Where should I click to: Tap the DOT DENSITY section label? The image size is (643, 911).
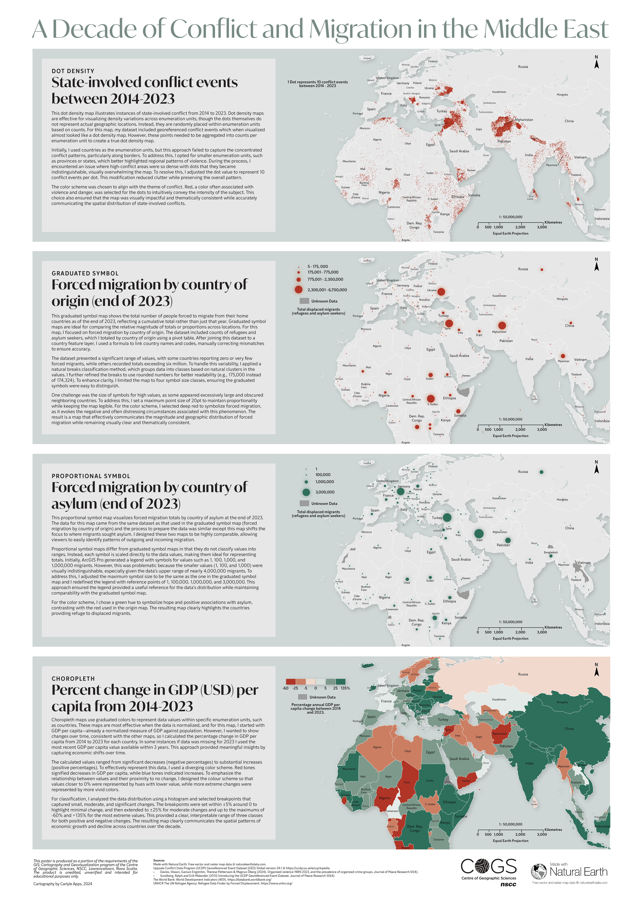tap(73, 71)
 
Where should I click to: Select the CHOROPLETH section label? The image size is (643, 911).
tap(73, 678)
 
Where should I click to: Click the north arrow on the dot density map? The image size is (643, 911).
tap(596, 62)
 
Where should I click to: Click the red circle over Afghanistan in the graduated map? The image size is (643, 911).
tap(502, 325)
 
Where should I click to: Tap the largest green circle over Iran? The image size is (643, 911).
tap(479, 534)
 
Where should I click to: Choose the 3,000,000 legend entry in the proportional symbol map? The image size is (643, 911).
tap(325, 492)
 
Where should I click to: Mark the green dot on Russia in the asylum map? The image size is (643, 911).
tap(542, 472)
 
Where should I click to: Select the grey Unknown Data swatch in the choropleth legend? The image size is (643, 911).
tap(302, 697)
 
